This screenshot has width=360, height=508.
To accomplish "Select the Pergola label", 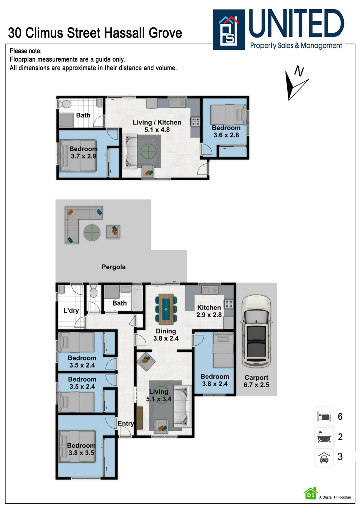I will [114, 267].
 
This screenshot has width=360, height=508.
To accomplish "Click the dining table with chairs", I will [166, 309].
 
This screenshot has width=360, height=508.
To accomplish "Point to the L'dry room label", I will [71, 311].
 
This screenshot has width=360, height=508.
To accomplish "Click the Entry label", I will [126, 424].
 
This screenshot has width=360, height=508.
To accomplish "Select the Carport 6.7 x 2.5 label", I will [256, 381].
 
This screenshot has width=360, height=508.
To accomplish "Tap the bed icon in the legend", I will [324, 417].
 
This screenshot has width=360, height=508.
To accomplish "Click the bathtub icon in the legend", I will [324, 437].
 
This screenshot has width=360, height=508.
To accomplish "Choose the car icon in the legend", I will [324, 457].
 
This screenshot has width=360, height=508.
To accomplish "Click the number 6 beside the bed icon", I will [340, 417].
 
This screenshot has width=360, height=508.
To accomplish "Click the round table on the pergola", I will [92, 233].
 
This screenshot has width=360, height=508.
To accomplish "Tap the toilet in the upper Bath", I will [64, 104].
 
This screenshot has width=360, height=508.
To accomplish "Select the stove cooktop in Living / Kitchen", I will [195, 122].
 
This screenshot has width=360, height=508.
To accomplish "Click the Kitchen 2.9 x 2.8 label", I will [209, 311].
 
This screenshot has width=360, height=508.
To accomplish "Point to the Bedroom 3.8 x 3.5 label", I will [81, 449].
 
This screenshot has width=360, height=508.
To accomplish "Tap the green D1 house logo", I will [310, 494].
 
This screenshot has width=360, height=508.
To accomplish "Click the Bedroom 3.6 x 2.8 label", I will [226, 131].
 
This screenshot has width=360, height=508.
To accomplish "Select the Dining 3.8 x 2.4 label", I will [166, 335].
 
